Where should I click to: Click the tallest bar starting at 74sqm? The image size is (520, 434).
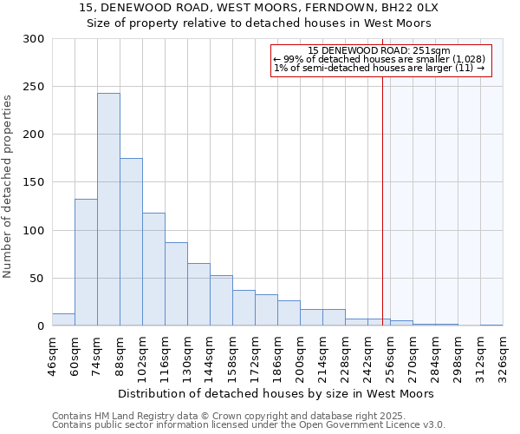[x=108, y=209]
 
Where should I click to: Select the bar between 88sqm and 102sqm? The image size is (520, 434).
[x=131, y=242]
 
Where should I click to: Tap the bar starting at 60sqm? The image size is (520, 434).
[x=86, y=262]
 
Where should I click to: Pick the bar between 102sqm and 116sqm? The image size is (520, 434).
[x=153, y=269]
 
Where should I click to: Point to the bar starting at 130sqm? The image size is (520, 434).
[x=198, y=294]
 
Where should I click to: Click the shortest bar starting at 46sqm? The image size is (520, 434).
[x=63, y=319]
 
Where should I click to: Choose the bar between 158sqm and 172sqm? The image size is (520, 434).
[x=244, y=308]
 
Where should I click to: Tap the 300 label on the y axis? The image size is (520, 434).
[x=34, y=39]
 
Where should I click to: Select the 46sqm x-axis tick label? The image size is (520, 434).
[x=52, y=355]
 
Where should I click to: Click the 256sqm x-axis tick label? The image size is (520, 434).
[x=390, y=355]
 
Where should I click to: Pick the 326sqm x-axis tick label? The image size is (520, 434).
[x=503, y=355]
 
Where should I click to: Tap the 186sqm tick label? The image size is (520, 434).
[x=277, y=355]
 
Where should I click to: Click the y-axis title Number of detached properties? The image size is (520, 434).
[x=8, y=187]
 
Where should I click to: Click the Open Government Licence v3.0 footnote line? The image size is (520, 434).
[x=248, y=425]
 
